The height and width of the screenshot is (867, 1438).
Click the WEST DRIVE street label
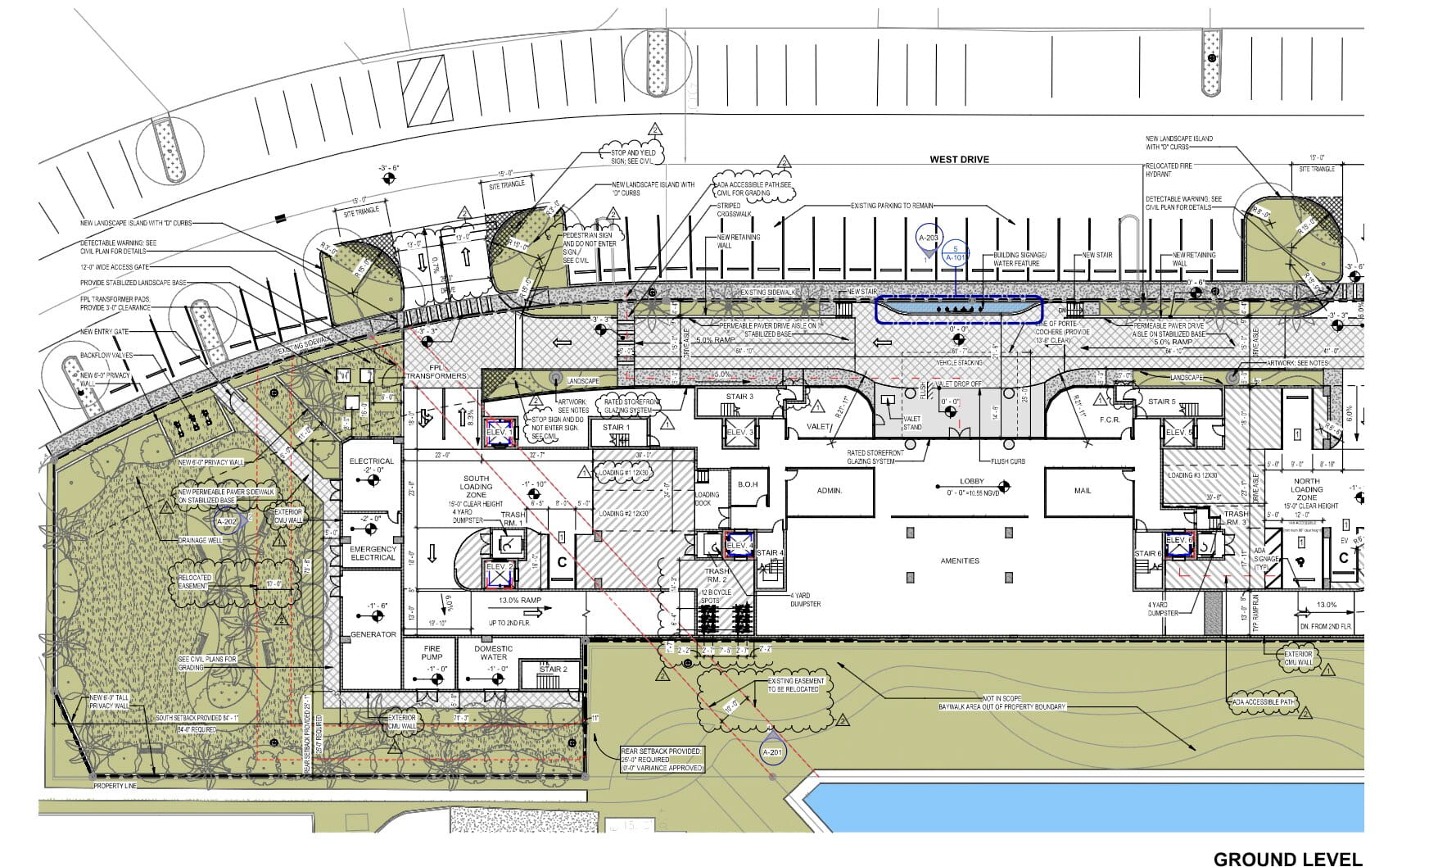pyautogui.click(x=959, y=159)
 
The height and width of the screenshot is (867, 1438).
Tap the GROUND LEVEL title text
pyautogui.click(x=1287, y=858)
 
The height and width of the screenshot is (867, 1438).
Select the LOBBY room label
pyautogui.click(x=972, y=482)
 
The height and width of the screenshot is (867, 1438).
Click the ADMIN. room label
pyautogui.click(x=830, y=491)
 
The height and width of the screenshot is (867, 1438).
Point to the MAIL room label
pyautogui.click(x=1083, y=491)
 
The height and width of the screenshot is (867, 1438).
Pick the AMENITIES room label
pyautogui.click(x=960, y=561)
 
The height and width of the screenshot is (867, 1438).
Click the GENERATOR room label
pyautogui.click(x=373, y=634)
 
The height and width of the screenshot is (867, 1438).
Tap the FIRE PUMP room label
pyautogui.click(x=432, y=652)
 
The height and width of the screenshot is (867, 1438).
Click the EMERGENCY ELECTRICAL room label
pyautogui.click(x=373, y=553)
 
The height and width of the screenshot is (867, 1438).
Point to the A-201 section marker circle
pyautogui.click(x=772, y=753)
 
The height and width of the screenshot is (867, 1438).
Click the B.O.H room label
pyautogui.click(x=747, y=484)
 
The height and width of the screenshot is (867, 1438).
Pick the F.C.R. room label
pyautogui.click(x=1110, y=420)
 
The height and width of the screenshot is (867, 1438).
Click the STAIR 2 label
pyautogui.click(x=553, y=670)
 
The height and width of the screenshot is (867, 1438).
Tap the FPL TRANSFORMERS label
pyautogui.click(x=436, y=371)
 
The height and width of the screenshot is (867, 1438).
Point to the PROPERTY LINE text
pyautogui.click(x=114, y=786)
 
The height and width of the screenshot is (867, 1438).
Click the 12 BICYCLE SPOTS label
pyautogui.click(x=716, y=596)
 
